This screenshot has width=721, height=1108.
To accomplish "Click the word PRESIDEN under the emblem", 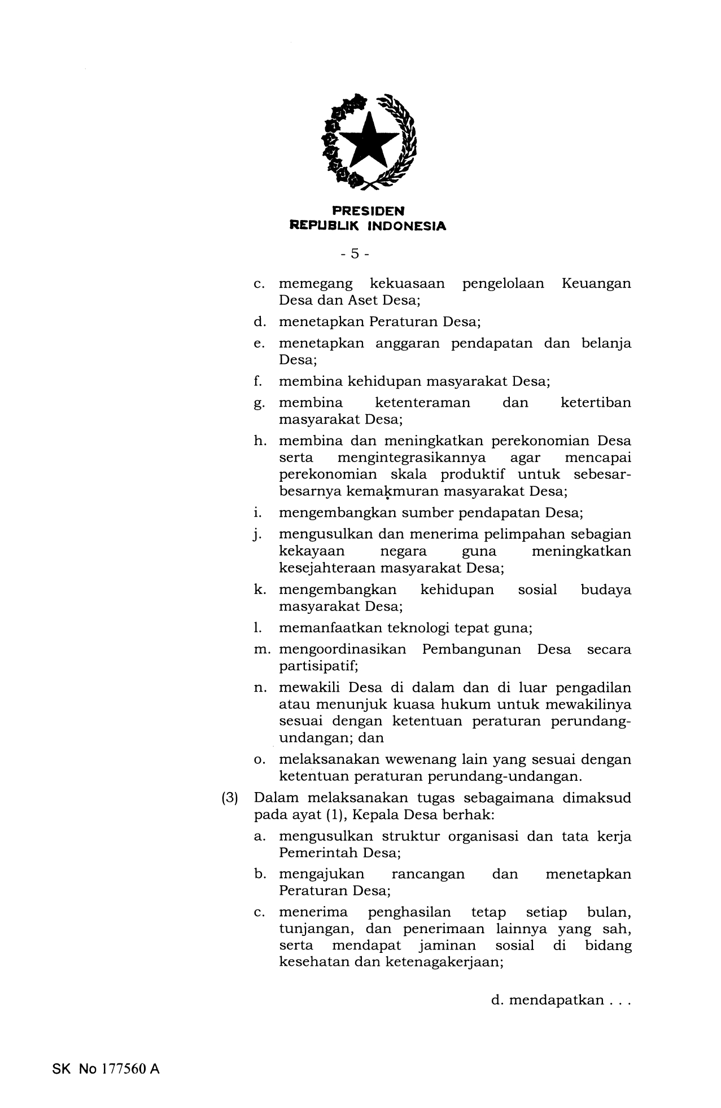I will (368, 212).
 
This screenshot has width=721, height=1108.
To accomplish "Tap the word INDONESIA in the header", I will (407, 226).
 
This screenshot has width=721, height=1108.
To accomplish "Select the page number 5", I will (355, 254).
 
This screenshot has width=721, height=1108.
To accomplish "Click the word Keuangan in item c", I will (596, 283).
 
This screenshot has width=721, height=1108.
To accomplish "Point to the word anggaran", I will (407, 344).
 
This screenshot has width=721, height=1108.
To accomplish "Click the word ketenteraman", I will (422, 403).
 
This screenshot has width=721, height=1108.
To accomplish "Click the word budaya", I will (606, 590).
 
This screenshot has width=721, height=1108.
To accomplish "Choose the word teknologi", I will (412, 628).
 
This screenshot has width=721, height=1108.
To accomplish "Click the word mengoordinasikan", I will (342, 649).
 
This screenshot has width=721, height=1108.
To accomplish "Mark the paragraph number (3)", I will (230, 799).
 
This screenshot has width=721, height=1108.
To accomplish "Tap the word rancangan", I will (427, 874).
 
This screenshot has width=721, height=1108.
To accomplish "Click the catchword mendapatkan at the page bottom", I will (556, 1001).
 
